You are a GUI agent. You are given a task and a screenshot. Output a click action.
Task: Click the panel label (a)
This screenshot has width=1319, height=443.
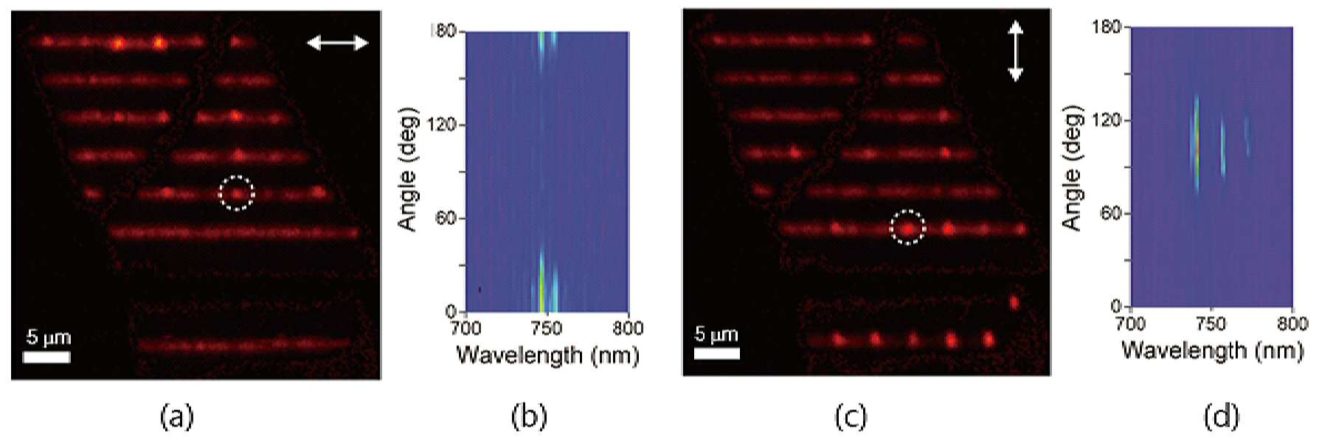pos(176,416)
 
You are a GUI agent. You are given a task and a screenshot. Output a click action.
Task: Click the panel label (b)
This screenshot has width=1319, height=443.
pos(529,416)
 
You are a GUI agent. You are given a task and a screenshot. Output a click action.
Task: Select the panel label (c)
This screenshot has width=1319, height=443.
pos(850,416)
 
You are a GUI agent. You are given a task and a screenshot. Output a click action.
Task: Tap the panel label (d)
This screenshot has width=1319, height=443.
pos(1222,416)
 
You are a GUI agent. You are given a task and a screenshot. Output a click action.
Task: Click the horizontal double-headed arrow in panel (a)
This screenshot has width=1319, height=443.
pos(338,43)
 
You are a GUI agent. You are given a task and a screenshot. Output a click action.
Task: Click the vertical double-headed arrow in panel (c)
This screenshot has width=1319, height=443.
pos(1016,51)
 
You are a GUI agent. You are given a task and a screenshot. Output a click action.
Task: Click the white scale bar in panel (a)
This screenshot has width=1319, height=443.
pos(46,357)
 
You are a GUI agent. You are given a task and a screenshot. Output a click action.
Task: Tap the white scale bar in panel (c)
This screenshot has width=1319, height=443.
pos(717,353)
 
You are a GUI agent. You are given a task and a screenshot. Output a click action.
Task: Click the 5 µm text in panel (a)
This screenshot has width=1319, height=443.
pos(48,337)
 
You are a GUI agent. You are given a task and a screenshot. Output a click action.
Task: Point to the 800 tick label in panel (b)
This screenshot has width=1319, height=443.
pos(628,327)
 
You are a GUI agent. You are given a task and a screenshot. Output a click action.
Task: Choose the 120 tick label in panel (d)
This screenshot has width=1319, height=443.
pos(1107,120)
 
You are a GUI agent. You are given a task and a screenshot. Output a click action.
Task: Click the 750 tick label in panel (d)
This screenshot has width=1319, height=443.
pos(1211,324)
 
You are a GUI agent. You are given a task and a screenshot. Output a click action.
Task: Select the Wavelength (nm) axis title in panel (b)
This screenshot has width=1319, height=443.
pos(547,355)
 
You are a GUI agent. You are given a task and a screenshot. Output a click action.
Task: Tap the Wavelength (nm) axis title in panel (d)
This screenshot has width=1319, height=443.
pos(1212,349)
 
